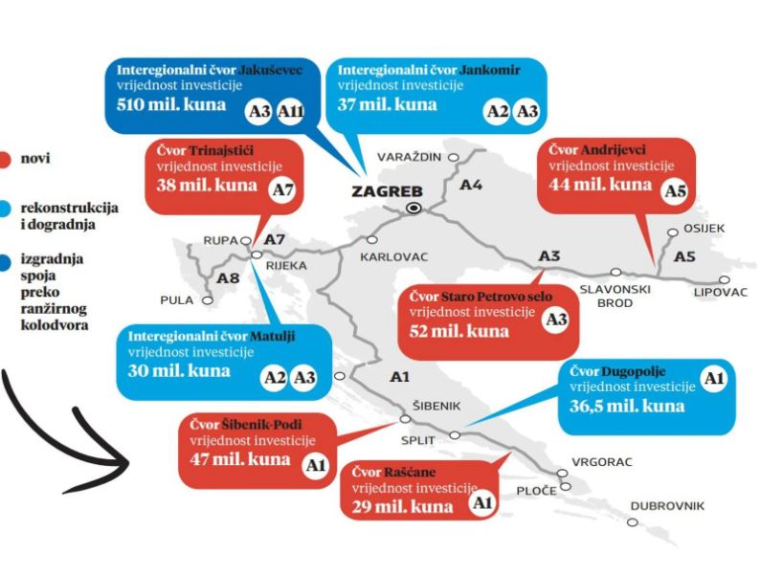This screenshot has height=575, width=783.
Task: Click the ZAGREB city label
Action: click(x=387, y=191)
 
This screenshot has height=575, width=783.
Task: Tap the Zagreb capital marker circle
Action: click(x=414, y=209)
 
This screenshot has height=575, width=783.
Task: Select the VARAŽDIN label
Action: click(x=410, y=157)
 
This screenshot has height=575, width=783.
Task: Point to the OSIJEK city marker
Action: click(x=673, y=232)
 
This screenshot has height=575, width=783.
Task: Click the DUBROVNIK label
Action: click(x=667, y=506)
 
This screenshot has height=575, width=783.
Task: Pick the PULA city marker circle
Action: click(x=207, y=300)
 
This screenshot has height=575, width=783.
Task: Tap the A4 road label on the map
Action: click(x=471, y=186)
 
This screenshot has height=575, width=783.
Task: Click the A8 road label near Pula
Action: click(x=228, y=278)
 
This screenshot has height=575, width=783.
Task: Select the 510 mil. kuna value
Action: click(x=170, y=105)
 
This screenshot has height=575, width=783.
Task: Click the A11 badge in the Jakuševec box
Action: click(x=290, y=111)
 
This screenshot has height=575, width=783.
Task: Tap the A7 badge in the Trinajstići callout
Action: click(x=282, y=189)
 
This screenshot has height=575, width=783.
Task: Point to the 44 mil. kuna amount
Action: click(x=600, y=185)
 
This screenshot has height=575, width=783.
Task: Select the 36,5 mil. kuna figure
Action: click(x=627, y=406)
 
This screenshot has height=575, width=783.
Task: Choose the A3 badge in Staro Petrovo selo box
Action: click(x=556, y=320)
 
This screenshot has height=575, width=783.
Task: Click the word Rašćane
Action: click(x=410, y=473)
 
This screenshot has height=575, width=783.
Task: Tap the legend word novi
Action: click(x=35, y=159)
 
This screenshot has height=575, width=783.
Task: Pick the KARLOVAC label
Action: click(x=394, y=257)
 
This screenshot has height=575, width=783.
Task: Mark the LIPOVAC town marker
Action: click(x=724, y=280)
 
